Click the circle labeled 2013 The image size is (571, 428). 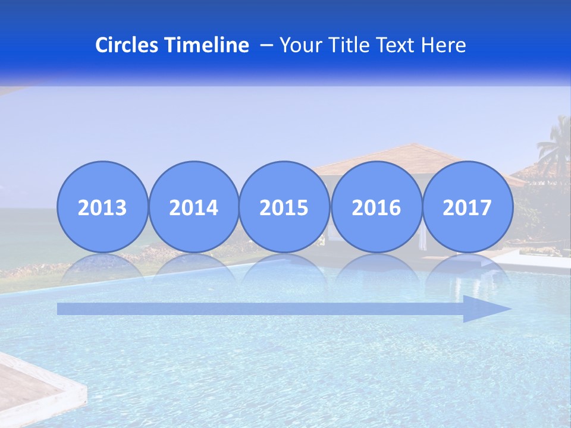[x=102, y=207]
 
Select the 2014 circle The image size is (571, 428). [x=194, y=207]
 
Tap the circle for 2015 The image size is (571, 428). [x=284, y=207]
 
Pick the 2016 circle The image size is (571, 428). [x=376, y=207]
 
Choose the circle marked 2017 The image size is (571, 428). [x=468, y=207]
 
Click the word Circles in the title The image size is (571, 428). [x=127, y=45]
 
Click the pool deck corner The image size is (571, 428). [x=36, y=386]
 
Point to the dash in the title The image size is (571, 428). [x=266, y=46]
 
